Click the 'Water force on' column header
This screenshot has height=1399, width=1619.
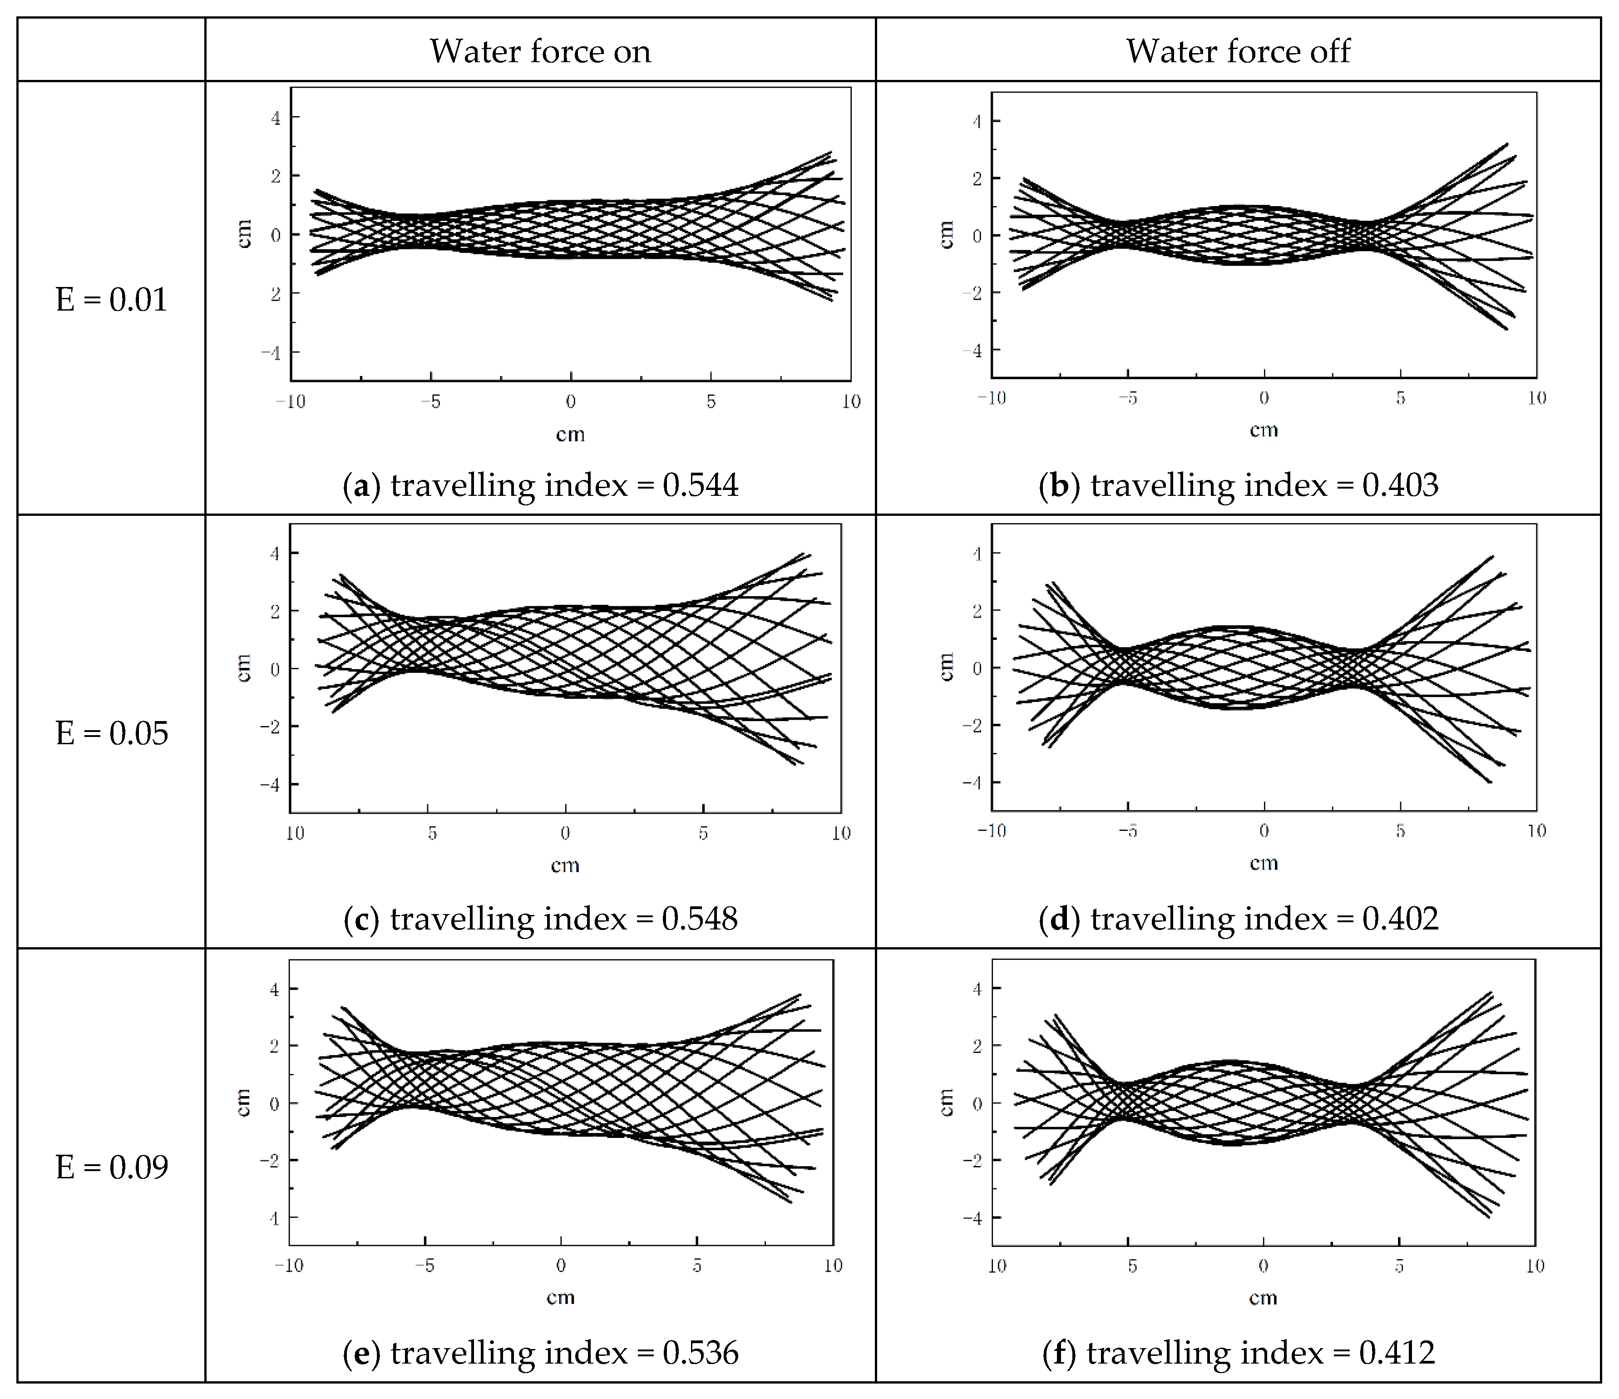[540, 52]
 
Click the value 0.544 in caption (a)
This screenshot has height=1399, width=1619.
[700, 485]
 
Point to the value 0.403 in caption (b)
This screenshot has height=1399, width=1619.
[1400, 485]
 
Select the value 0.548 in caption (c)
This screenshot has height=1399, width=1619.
[699, 918]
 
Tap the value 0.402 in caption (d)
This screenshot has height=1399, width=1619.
[1400, 918]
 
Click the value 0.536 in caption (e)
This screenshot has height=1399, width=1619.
[700, 1353]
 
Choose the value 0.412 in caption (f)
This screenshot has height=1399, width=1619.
[1397, 1353]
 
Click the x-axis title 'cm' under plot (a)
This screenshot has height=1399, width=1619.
[570, 435]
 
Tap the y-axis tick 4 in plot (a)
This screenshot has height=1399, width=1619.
[275, 118]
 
